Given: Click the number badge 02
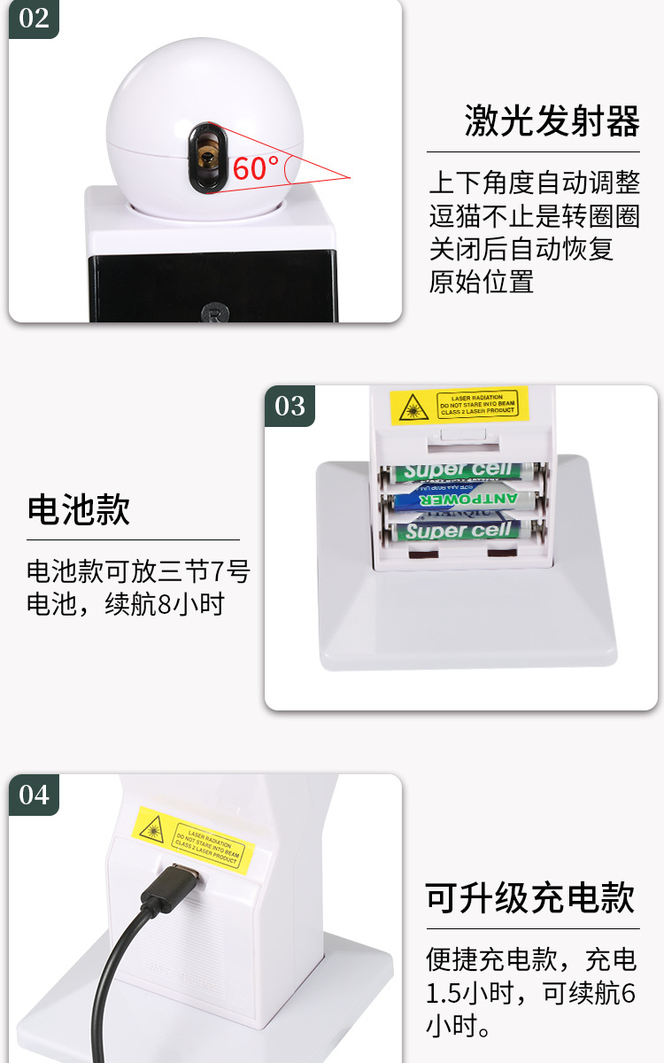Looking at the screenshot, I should point(34,18).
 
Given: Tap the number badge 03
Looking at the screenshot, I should point(290,406).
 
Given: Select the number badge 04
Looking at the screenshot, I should point(34,795).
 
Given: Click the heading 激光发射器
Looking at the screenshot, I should point(552,121).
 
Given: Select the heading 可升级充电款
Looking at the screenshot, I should point(530,897).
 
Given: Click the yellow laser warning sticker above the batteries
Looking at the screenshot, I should point(459,406).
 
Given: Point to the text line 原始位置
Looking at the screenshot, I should point(482,282).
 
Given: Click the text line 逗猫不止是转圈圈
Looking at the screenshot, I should point(534,216).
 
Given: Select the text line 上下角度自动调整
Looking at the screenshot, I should point(534,183).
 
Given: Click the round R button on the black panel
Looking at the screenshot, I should point(214,312).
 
